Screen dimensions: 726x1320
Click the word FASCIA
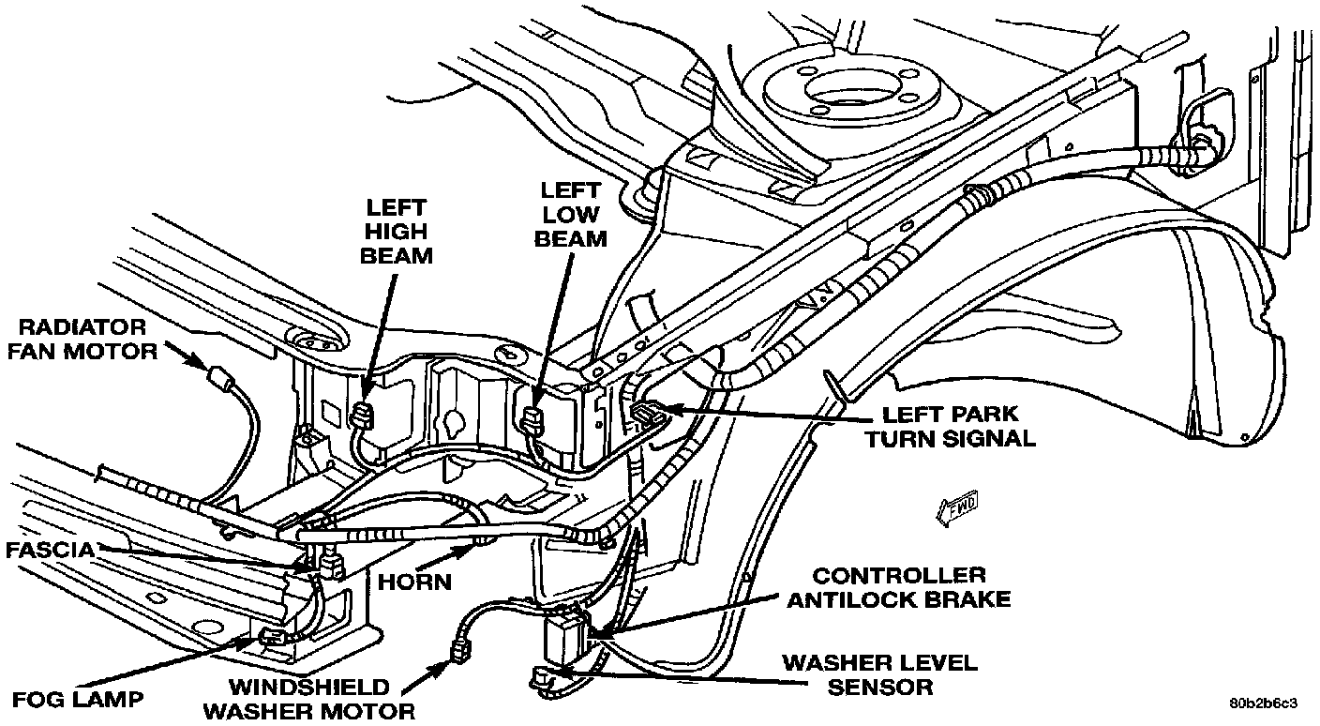click(x=50, y=551)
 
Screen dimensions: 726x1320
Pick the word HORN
click(x=414, y=582)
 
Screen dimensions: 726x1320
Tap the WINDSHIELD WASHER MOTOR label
click(x=308, y=698)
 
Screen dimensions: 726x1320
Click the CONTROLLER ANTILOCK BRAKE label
click(x=898, y=587)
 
